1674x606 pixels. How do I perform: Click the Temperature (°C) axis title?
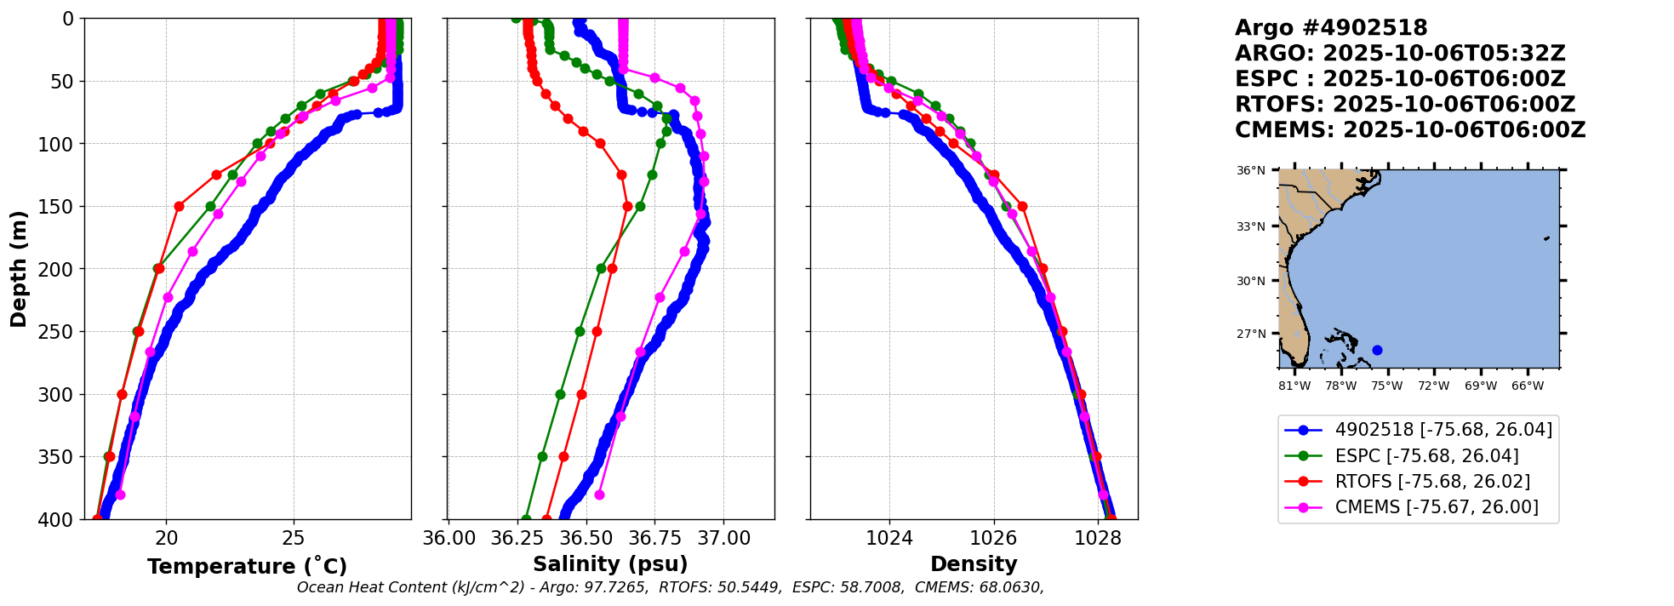pos(247,567)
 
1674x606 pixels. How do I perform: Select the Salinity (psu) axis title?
pos(610,564)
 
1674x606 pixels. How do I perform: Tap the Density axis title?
pos(974,564)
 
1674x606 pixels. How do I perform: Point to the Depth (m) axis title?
pos(18,269)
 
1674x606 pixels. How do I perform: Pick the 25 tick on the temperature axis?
pos(294,538)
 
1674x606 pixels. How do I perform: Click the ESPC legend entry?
pos(1426,456)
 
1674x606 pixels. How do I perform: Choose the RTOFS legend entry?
pos(1432,482)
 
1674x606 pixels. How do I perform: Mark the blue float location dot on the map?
pos(1377,350)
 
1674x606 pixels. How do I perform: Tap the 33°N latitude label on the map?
pos(1251,226)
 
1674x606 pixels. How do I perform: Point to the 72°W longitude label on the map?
pos(1434,386)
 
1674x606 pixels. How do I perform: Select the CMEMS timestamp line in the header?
pos(1410,130)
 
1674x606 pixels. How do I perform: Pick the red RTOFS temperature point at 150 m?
pos(179,206)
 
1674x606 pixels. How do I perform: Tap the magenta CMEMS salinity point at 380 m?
pos(599,495)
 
